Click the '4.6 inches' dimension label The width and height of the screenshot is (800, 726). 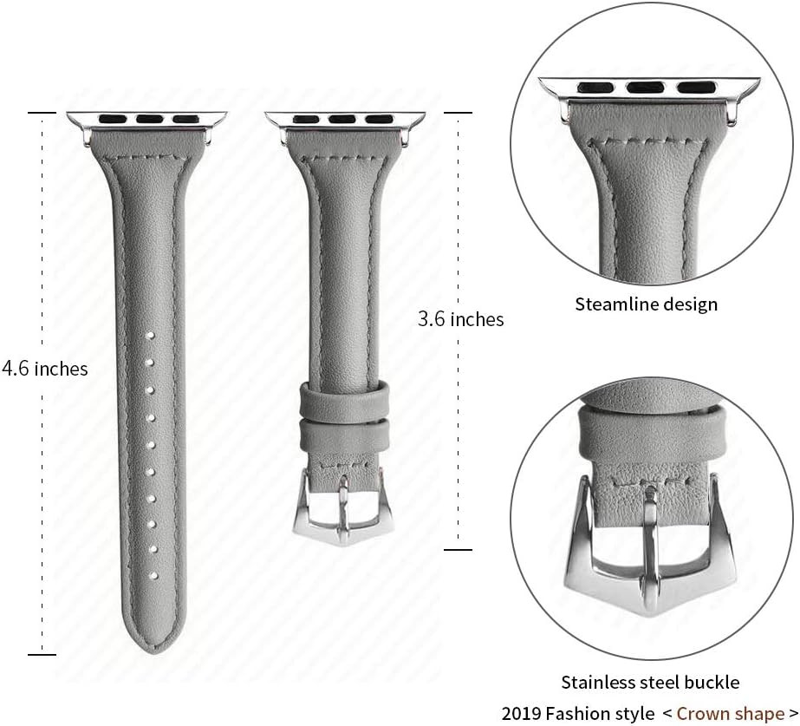point(45,369)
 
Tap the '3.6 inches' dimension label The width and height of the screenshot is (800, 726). point(461,319)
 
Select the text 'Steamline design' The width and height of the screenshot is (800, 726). point(647,304)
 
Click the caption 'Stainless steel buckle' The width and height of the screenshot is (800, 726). point(650,682)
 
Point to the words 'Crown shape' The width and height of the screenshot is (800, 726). point(730,713)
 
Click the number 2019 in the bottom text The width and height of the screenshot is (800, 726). point(521,713)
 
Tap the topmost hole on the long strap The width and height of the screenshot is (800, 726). point(151,336)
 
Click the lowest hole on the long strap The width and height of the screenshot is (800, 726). point(152,576)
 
